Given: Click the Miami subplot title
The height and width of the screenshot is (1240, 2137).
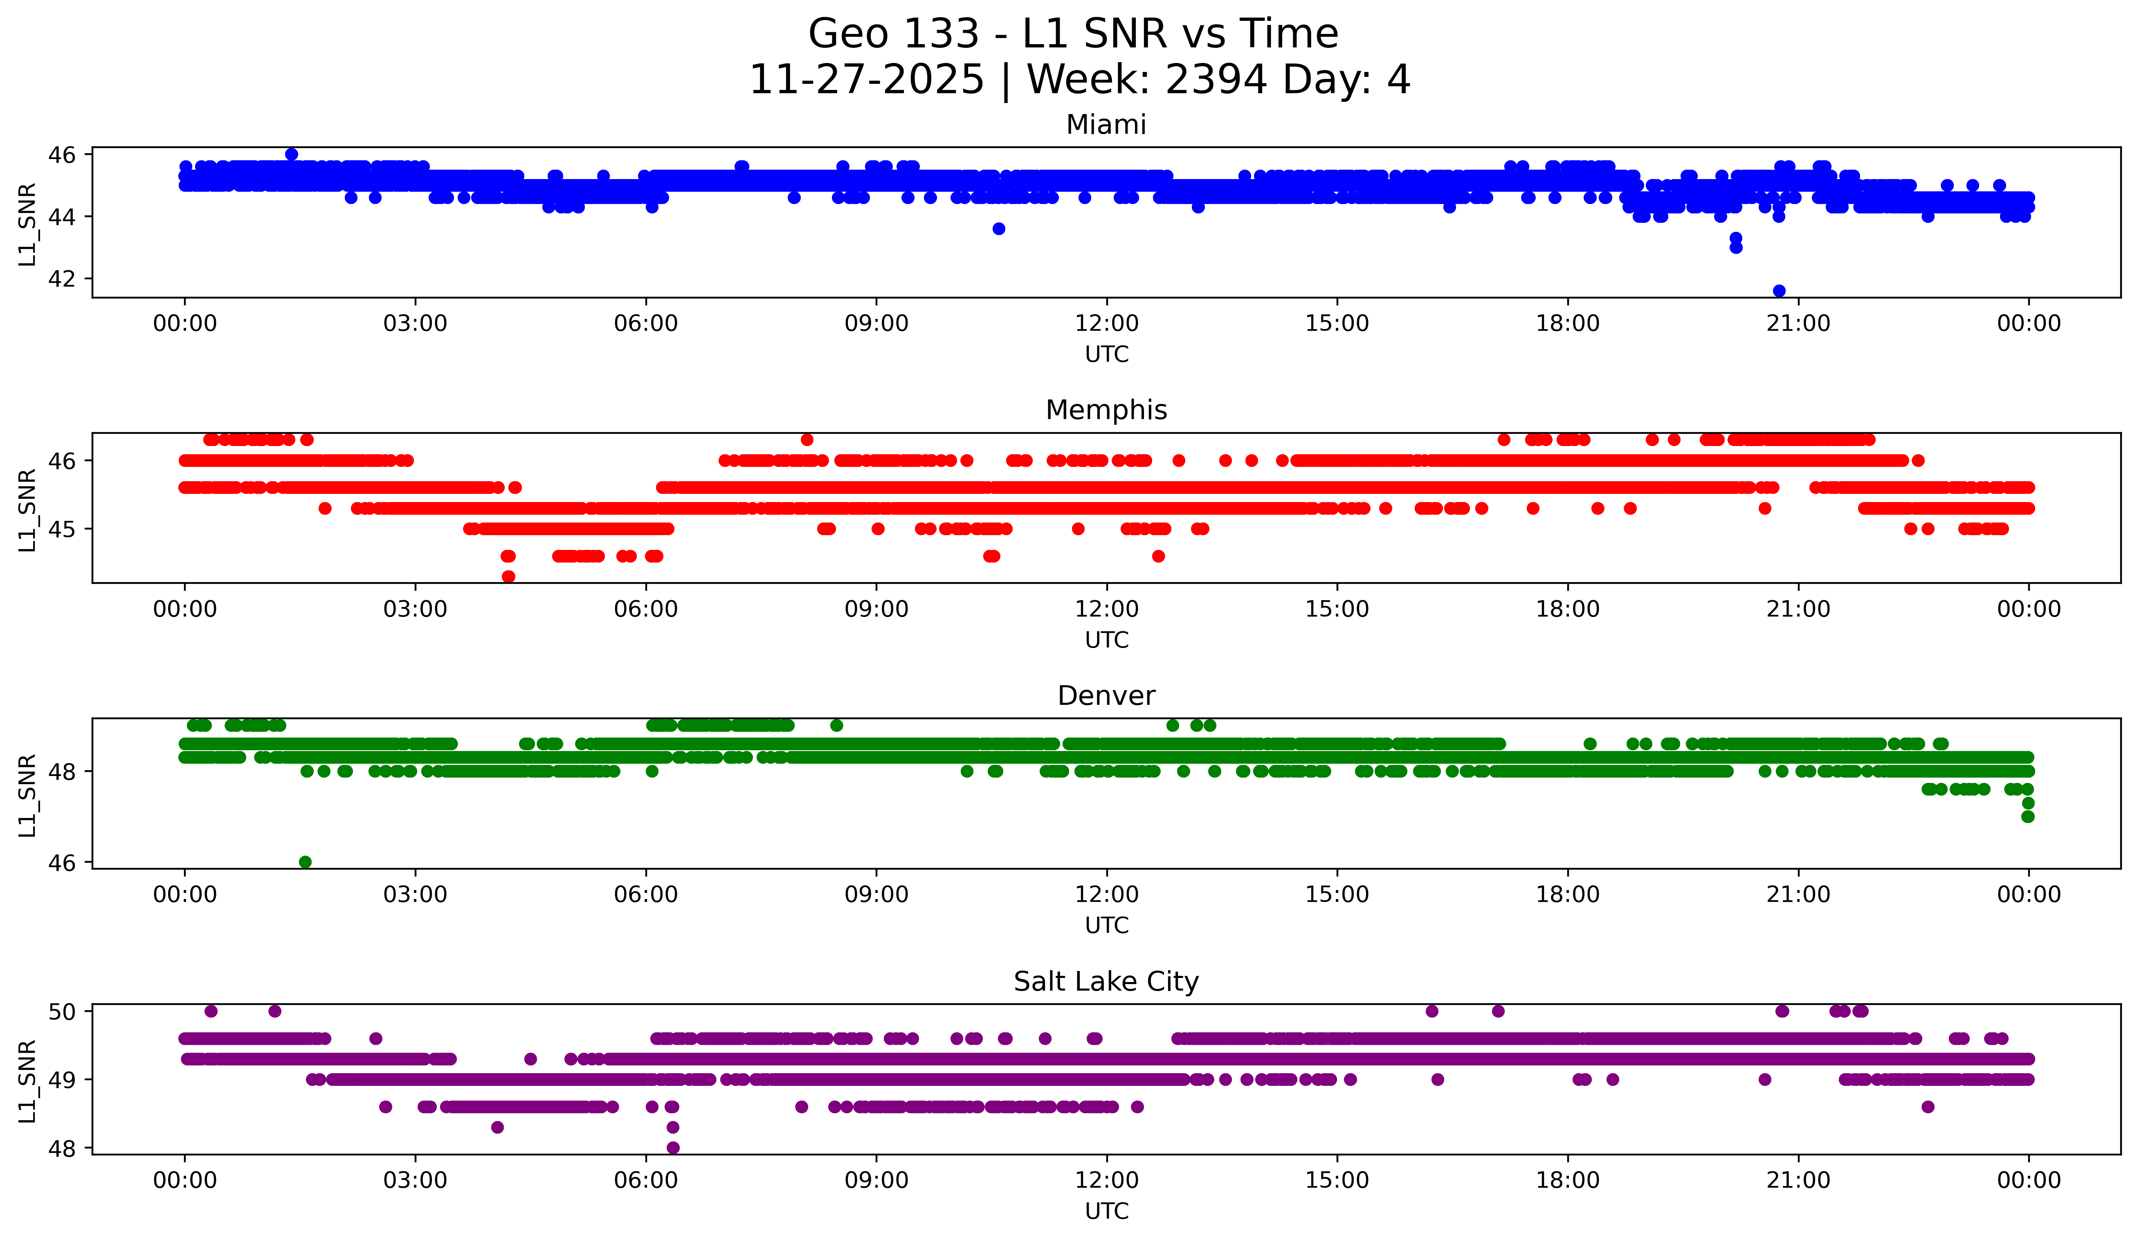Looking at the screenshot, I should pos(1106,125).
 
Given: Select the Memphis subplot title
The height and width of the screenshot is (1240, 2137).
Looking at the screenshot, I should pos(1106,410).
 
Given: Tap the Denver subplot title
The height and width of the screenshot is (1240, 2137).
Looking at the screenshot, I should pos(1106,696).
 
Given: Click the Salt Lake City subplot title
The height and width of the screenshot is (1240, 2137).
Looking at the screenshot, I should pos(1106,982).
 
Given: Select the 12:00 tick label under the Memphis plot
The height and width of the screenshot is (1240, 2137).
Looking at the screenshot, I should pos(1107,609).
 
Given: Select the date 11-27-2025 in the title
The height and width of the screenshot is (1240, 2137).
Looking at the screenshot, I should pos(867,80).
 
